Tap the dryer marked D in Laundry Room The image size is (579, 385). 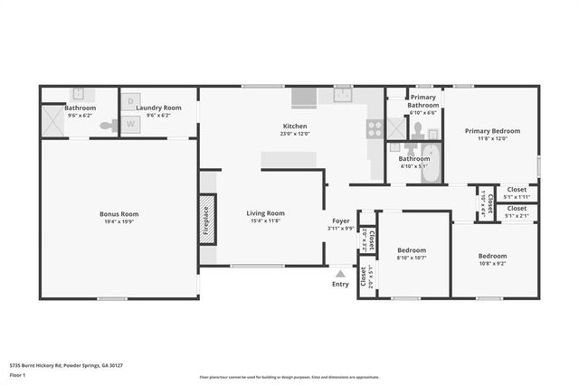130,102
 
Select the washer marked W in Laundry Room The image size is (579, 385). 130,124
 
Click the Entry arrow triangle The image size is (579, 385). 340,272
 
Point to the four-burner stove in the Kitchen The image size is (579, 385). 374,127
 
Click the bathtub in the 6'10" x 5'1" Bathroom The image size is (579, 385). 430,165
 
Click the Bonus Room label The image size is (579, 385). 119,214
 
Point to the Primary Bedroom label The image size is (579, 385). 492,131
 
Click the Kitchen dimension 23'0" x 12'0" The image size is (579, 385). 295,134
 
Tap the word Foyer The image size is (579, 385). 340,221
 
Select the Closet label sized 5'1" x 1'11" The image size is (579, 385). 517,196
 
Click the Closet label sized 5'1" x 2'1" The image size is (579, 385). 517,216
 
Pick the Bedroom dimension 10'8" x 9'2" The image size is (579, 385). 492,263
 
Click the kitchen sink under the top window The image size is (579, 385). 342,94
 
